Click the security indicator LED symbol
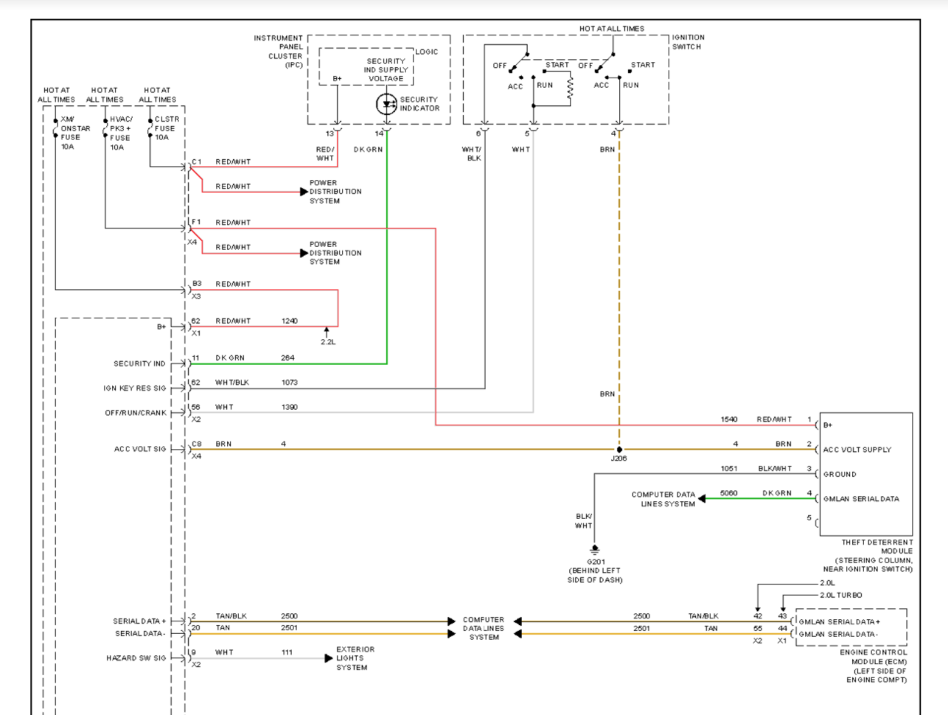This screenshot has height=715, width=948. point(386,104)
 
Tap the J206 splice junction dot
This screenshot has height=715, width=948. point(619,450)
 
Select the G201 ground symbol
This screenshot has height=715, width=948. point(595,550)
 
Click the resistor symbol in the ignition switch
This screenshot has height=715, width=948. point(571,89)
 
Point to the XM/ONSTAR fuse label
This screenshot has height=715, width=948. point(75,133)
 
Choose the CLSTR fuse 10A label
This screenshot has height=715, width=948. point(167,128)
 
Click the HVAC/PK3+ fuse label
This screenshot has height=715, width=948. point(121,133)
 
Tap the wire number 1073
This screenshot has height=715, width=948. point(290,383)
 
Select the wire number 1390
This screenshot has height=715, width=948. point(290,407)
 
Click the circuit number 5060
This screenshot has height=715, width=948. point(728,493)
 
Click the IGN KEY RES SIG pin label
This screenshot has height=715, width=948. point(135,388)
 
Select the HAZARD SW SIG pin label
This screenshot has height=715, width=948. point(136,658)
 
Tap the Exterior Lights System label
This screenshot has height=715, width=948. point(355,658)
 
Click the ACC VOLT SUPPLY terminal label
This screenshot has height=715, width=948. point(857,450)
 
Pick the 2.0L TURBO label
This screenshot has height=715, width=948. point(841,596)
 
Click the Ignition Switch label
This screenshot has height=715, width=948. point(688,42)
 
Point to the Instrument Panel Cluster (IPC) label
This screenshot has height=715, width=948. point(278,52)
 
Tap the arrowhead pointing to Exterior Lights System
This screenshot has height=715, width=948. point(329,658)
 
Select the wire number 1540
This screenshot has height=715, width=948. point(729,419)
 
